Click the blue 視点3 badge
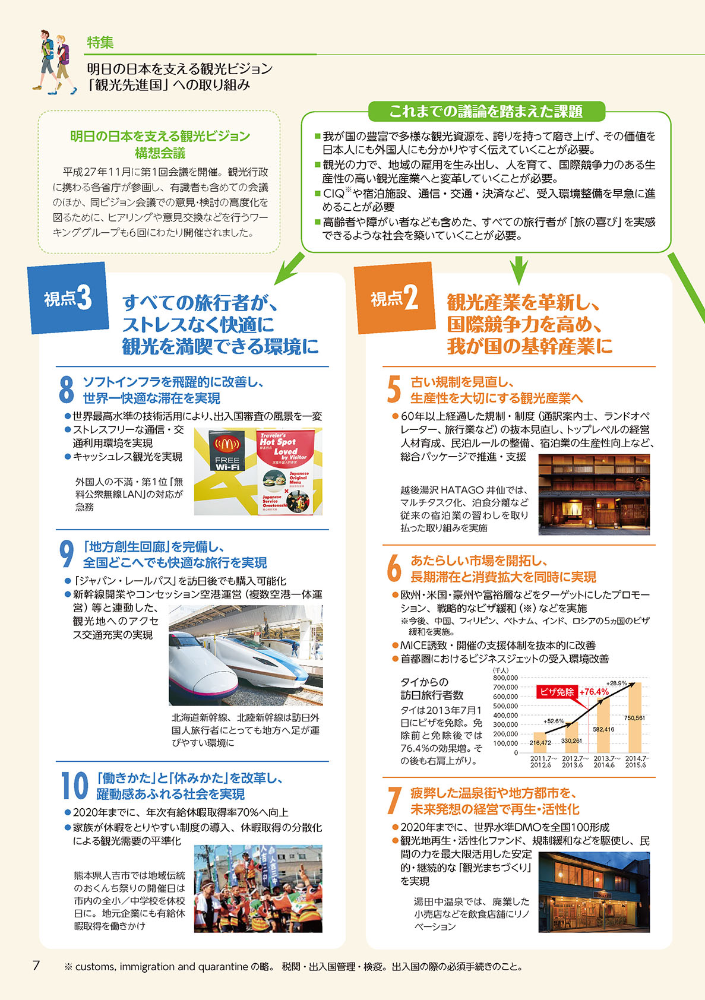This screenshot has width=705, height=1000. (x=68, y=298)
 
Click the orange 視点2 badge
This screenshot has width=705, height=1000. (x=394, y=298)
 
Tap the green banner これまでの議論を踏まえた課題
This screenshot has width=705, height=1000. (x=486, y=111)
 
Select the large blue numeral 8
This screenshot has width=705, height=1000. (x=66, y=390)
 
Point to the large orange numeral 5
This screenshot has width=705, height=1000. (x=394, y=390)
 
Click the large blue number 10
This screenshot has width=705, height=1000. (x=75, y=786)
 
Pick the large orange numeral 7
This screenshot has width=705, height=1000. (x=394, y=801)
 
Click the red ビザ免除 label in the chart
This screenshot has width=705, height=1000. (x=557, y=692)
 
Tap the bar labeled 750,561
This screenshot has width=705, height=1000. (x=634, y=719)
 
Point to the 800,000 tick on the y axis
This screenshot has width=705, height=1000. (x=505, y=678)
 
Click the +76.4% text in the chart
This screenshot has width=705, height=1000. (x=594, y=692)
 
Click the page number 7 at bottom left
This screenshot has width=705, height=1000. (x=36, y=966)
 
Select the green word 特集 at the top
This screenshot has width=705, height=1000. (x=100, y=42)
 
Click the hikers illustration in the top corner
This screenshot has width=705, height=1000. (x=55, y=62)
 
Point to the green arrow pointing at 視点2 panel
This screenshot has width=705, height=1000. (x=519, y=270)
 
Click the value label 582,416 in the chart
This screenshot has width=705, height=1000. (x=603, y=729)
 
